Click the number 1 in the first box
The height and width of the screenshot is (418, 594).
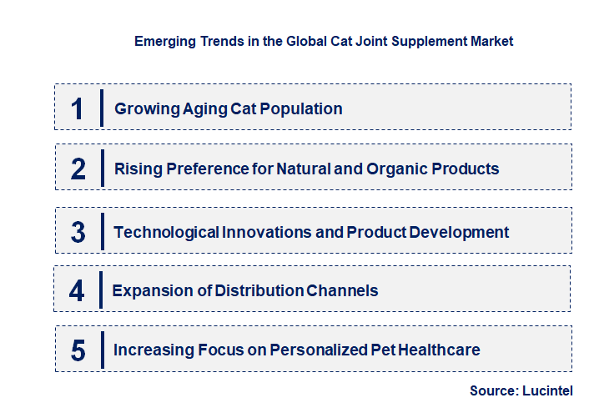[x=78, y=108]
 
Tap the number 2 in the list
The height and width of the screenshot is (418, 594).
[x=78, y=169]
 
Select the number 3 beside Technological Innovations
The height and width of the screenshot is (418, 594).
[x=78, y=232]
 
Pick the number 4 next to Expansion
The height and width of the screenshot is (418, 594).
[x=78, y=290]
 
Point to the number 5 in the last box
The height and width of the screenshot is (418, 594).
[x=78, y=350]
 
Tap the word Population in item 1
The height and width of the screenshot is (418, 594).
[x=301, y=108]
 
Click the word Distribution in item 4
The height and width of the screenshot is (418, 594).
[x=259, y=290]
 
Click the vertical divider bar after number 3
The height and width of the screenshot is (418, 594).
[x=102, y=231]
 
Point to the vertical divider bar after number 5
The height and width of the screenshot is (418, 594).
[x=102, y=350]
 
